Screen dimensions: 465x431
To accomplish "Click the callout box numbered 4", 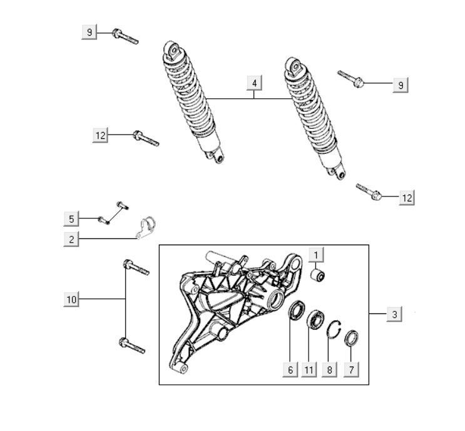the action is click(x=254, y=83).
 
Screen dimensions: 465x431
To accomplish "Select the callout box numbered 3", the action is click(x=394, y=314).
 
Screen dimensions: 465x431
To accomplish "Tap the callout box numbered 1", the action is click(x=316, y=255).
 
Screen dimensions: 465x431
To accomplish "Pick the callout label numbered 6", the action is click(x=290, y=370).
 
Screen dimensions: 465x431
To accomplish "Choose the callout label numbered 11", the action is click(x=309, y=370).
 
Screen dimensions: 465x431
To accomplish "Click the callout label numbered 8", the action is click(x=329, y=370).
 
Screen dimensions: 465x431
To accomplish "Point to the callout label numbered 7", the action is click(x=351, y=370).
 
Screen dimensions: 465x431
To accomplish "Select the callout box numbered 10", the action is click(x=71, y=299).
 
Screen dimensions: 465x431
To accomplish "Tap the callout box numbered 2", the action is click(x=71, y=239).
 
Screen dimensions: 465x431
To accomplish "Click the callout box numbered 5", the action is click(x=71, y=219).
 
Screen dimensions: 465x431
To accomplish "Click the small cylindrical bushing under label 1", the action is click(x=317, y=276).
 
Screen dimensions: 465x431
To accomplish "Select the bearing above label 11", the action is click(x=315, y=319).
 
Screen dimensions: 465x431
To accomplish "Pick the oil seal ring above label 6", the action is click(x=297, y=310).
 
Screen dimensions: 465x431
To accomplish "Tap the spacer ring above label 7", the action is click(x=351, y=338).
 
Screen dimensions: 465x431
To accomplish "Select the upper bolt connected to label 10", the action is click(x=136, y=267).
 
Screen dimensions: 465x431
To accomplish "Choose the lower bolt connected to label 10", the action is click(x=132, y=346).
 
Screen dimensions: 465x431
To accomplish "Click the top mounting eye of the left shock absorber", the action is click(x=172, y=50).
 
